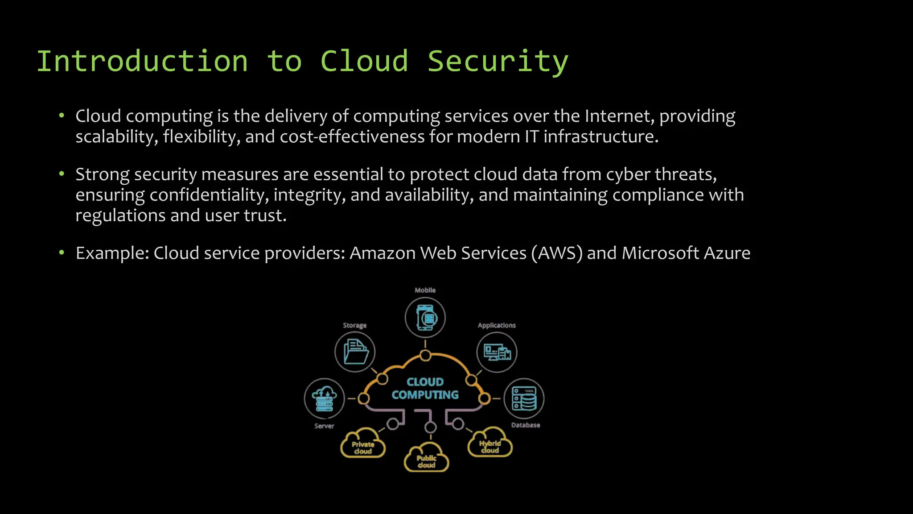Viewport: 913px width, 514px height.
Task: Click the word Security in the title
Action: click(498, 62)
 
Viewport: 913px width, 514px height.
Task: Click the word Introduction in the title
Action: click(142, 62)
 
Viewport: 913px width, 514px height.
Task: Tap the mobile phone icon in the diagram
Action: click(425, 318)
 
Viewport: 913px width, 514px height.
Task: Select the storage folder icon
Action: click(355, 352)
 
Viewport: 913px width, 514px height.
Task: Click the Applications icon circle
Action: click(497, 352)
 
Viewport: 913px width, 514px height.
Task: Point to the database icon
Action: click(524, 398)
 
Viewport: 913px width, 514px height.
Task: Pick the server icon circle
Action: click(324, 398)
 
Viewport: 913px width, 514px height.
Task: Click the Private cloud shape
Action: click(363, 444)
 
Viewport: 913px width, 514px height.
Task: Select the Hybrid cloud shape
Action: click(490, 443)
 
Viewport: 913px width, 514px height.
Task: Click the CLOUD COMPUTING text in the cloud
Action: click(425, 388)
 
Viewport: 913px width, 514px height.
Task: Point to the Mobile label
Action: click(425, 290)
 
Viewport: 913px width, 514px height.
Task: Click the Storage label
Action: click(354, 325)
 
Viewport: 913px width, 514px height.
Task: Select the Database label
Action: click(525, 425)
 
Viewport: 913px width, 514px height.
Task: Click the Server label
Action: click(324, 426)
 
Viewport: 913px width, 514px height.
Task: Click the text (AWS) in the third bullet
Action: click(556, 253)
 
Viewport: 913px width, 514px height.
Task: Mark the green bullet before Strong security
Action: click(62, 174)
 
